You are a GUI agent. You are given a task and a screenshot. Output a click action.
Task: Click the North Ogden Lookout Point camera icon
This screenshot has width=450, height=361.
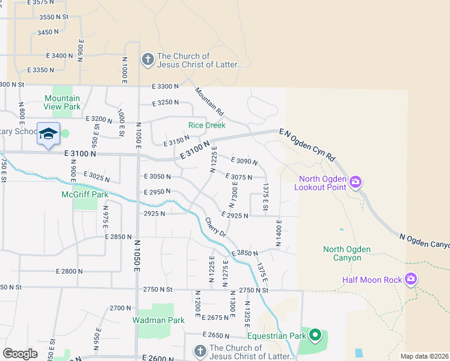pyautogui.click(x=356, y=181)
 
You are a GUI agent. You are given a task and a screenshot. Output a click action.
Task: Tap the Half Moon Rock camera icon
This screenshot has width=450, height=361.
pyautogui.click(x=411, y=278)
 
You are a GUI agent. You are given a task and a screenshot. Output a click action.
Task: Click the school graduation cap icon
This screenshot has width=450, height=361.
pyautogui.click(x=48, y=134)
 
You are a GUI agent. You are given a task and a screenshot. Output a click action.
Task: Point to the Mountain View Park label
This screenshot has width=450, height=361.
pyautogui.click(x=62, y=102)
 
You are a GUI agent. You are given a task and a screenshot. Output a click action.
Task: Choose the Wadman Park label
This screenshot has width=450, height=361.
pyautogui.click(x=159, y=320)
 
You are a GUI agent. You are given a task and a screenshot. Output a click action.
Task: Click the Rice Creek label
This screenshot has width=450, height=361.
pyautogui.click(x=207, y=125)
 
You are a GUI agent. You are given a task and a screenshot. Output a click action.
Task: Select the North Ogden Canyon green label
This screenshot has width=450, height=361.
pyautogui.click(x=347, y=253)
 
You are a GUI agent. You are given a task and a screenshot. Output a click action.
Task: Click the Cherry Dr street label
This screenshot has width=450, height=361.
pyautogui.click(x=215, y=227)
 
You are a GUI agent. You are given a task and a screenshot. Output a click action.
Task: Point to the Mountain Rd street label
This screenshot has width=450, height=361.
pyautogui.click(x=209, y=102)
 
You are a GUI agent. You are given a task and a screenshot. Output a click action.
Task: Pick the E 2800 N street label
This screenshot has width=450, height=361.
pyautogui.click(x=67, y=271)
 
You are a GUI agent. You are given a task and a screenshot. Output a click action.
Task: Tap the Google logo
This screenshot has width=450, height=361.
pyautogui.click(x=20, y=353)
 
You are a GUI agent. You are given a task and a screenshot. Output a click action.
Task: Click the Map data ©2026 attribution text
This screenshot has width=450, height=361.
pyautogui.click(x=425, y=356)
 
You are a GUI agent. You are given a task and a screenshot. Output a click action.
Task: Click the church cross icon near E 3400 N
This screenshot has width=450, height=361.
pyautogui.click(x=147, y=60)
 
